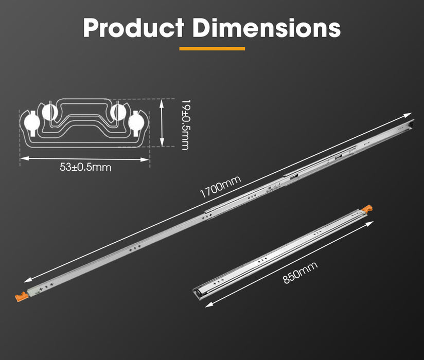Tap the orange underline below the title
[x=212, y=49]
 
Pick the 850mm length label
[x=300, y=273]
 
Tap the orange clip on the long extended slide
[x=21, y=297]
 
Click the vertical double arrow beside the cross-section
[x=163, y=124]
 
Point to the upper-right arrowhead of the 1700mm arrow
[x=410, y=115]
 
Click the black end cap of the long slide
[x=410, y=124]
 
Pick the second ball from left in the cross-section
[x=50, y=112]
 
